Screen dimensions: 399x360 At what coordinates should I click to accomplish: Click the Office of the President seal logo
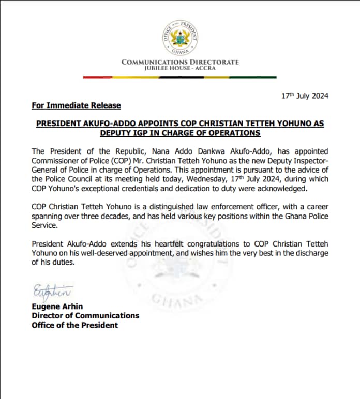[x=181, y=37]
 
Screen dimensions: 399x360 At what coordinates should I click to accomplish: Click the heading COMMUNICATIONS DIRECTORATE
[x=180, y=62]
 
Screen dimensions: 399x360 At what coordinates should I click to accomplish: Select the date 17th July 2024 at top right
[x=305, y=96]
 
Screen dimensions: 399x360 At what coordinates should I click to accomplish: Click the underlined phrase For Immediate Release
[x=76, y=105]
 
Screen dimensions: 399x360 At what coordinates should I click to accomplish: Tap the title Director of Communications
[x=85, y=316]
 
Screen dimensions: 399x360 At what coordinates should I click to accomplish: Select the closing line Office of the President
[x=75, y=325]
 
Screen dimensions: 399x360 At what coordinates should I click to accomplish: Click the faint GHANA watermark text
[x=171, y=300]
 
